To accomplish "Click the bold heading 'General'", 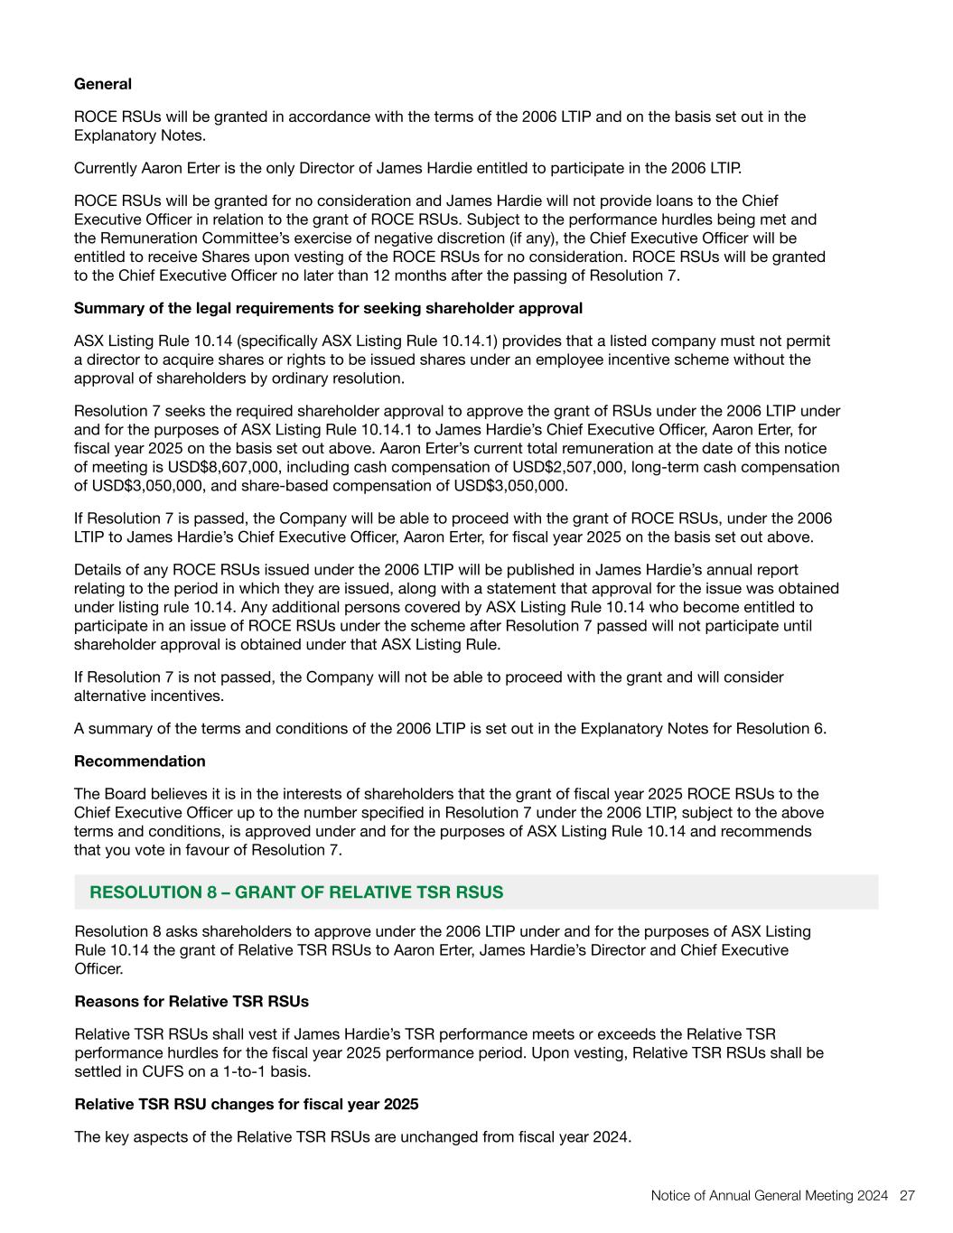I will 103,84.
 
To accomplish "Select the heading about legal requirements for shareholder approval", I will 328,308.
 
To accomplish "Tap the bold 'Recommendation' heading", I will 140,761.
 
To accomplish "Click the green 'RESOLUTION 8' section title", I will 296,892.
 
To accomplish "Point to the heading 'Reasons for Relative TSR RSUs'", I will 192,1001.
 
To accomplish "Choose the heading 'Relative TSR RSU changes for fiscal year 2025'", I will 247,1104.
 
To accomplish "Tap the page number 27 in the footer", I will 908,1195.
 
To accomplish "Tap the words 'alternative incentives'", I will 148,696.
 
